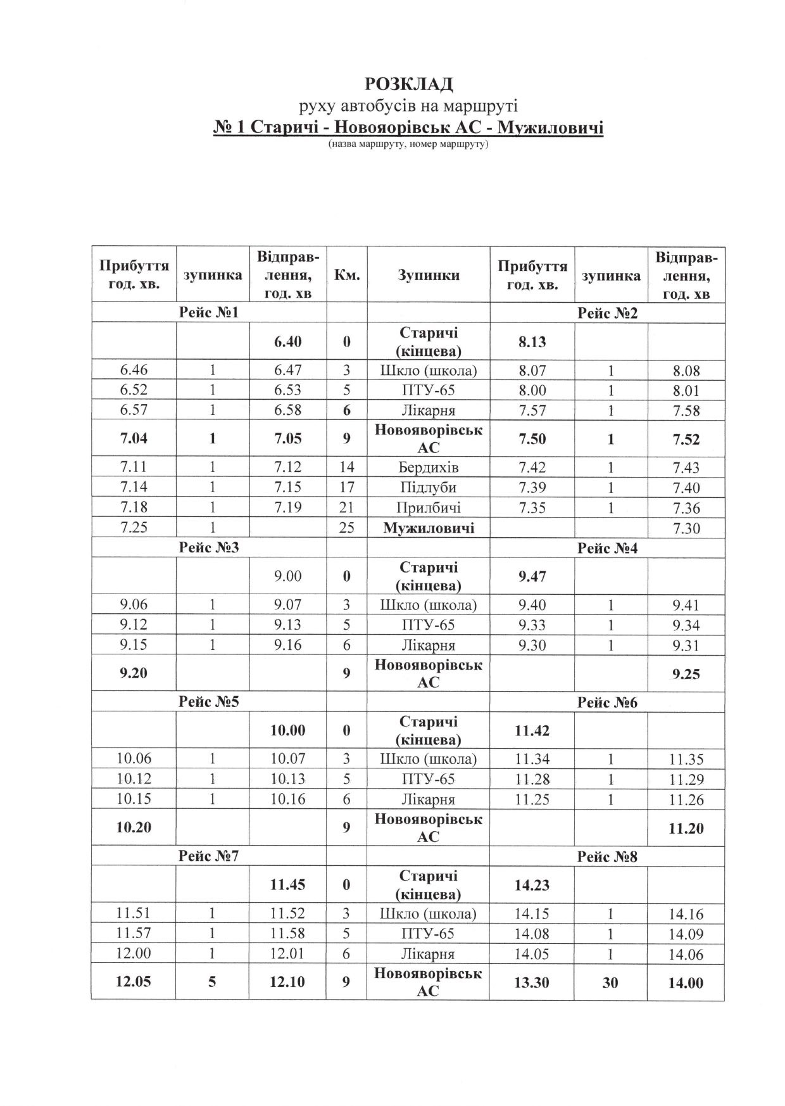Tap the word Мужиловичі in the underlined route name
551,128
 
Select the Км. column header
346,275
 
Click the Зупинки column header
428,275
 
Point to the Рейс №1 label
208,312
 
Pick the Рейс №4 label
607,547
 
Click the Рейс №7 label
208,856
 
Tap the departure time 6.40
287,341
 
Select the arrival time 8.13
532,342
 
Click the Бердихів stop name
428,467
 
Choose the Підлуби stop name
428,488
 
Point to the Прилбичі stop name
428,508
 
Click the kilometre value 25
346,528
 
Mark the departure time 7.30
686,528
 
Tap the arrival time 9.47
532,576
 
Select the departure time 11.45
287,884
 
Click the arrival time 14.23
532,884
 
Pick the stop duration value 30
610,982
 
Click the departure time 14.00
686,982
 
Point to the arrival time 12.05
134,982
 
